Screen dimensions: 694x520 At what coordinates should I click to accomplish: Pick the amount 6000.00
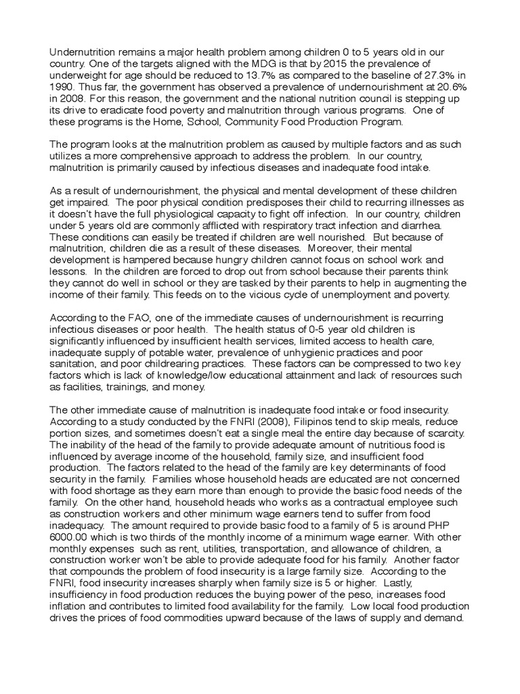tap(72, 539)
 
